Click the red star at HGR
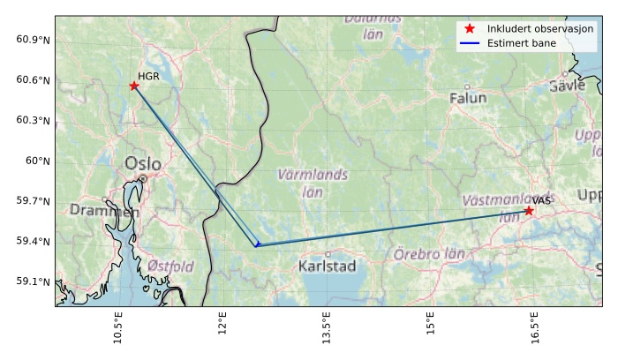click(134, 86)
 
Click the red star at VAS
click(529, 211)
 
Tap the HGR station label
click(148, 77)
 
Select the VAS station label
click(541, 201)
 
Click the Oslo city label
click(143, 163)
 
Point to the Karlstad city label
click(327, 266)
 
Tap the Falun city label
click(468, 98)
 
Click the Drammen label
click(104, 211)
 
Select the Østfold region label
click(170, 266)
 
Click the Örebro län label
click(429, 254)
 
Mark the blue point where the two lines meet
click(257, 244)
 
